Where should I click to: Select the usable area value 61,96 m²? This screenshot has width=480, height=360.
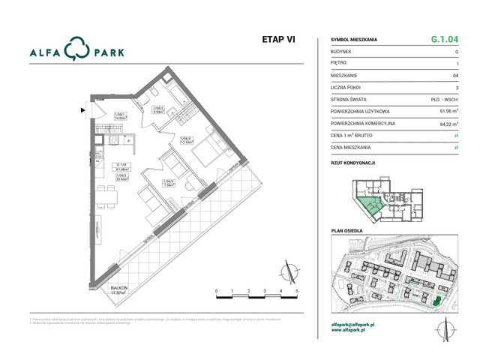tap(447, 111)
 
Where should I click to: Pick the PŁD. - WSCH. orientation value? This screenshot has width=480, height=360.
tap(445, 99)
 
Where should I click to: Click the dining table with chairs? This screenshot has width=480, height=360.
tap(109, 196)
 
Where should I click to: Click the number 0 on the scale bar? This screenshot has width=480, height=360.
tap(216, 290)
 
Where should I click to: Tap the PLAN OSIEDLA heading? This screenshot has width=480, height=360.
tap(346, 231)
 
